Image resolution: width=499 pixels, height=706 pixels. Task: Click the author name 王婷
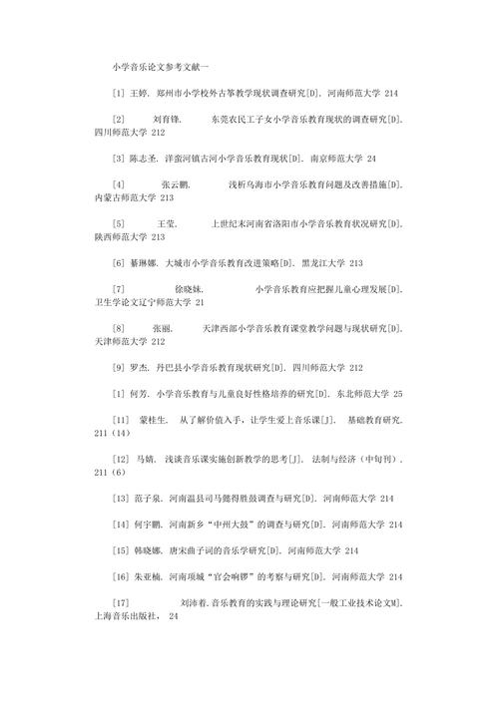[x=140, y=93]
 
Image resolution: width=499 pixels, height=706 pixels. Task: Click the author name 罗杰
[x=140, y=366]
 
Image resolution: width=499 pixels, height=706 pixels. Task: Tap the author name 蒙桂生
[x=154, y=420]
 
